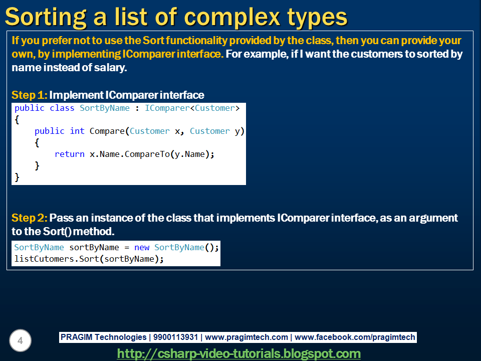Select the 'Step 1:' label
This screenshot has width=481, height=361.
[29, 95]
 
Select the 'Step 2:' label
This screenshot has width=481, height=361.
[29, 218]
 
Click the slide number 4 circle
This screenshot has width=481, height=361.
[20, 341]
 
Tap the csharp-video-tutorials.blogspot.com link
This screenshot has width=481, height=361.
[239, 353]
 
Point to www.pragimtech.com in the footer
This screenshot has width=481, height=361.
[247, 337]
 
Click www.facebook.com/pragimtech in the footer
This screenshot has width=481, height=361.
[355, 337]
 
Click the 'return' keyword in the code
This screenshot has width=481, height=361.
[69, 154]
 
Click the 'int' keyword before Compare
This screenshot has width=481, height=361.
[77, 131]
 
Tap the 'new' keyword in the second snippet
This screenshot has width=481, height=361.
[142, 247]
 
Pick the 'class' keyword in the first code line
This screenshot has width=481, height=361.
[62, 108]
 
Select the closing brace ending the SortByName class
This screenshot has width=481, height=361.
[17, 176]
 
